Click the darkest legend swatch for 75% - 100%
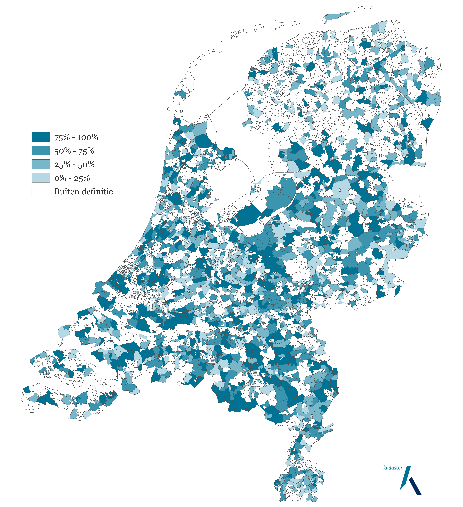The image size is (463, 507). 41,137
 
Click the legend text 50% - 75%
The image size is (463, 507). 74,151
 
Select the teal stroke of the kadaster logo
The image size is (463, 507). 405,478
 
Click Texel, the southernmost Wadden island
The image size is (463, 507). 184,91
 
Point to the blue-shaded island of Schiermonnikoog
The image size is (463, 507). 336,17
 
